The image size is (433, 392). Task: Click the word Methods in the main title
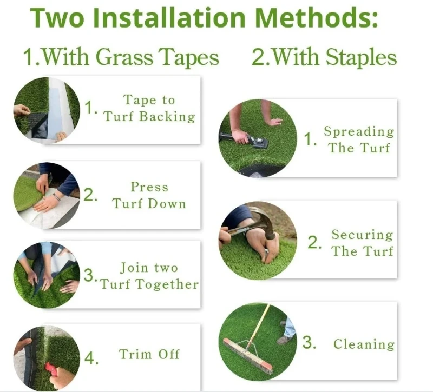click(317, 18)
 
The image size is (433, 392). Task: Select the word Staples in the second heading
click(361, 57)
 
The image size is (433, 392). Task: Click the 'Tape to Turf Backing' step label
click(149, 108)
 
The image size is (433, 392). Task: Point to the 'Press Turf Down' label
click(149, 195)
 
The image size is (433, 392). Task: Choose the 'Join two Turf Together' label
click(149, 276)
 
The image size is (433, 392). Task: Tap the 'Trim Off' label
click(149, 354)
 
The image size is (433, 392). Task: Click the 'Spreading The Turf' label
click(359, 139)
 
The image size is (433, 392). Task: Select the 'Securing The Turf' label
click(362, 243)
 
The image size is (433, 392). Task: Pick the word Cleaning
click(364, 344)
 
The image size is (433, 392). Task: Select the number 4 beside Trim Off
click(91, 358)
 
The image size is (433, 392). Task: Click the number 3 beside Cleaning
click(309, 342)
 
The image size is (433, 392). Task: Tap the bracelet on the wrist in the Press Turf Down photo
click(57, 197)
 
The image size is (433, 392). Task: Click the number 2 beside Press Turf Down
click(90, 195)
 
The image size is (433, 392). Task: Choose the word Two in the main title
click(57, 18)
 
